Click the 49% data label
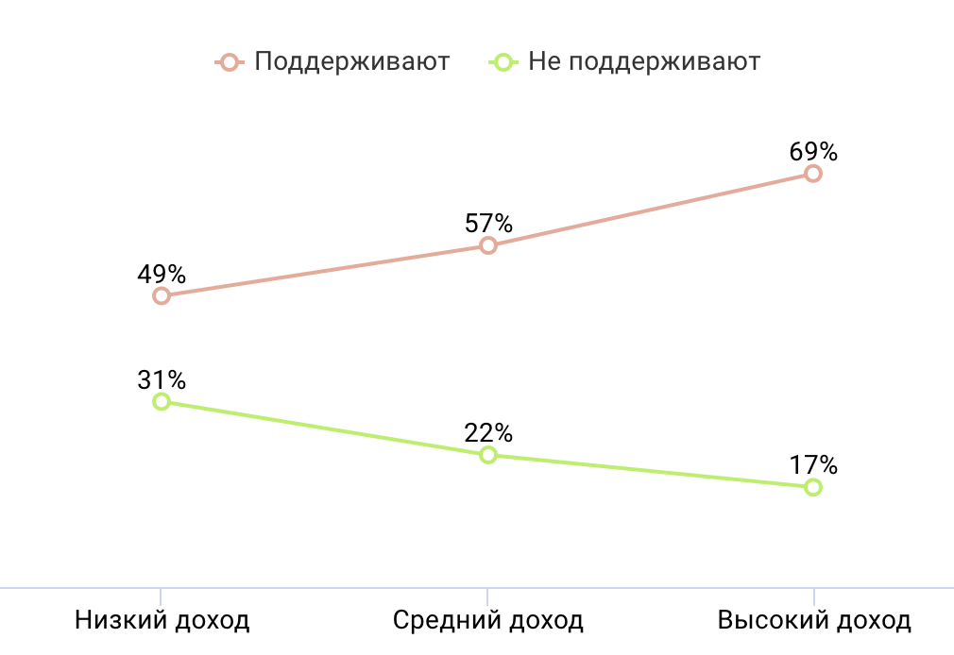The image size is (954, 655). (162, 274)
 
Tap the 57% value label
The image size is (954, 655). (488, 224)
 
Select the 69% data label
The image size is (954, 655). (813, 151)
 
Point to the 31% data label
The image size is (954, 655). (162, 379)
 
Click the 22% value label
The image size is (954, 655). (488, 433)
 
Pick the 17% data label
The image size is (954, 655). (813, 465)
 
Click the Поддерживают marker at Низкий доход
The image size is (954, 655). (162, 295)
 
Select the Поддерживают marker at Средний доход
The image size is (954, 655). (488, 245)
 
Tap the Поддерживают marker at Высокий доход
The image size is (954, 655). (813, 173)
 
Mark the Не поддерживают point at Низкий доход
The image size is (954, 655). (162, 401)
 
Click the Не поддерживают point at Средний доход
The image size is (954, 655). (488, 455)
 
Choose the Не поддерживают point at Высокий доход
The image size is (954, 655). (813, 487)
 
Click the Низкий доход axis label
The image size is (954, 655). (162, 620)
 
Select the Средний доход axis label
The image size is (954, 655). (488, 620)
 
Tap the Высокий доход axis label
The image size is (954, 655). (814, 620)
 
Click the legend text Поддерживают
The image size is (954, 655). (352, 62)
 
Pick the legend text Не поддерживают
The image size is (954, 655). (644, 62)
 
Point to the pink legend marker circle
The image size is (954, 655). (229, 62)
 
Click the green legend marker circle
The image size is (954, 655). (502, 62)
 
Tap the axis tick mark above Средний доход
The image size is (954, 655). (488, 596)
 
